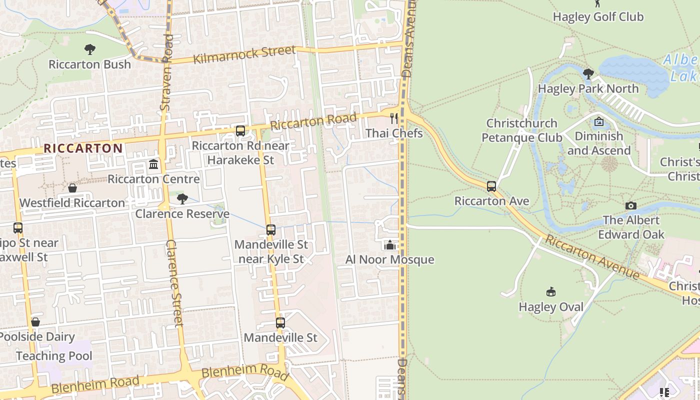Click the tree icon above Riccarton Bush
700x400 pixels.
(90, 49)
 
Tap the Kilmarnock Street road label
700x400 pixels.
(244, 54)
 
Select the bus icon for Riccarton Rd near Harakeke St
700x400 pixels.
(240, 131)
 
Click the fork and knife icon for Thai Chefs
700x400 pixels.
(394, 118)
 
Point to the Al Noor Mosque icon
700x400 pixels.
(390, 245)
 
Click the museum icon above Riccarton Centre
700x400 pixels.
(153, 164)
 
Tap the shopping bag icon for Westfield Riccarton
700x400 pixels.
(72, 188)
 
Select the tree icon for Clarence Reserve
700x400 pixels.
(182, 199)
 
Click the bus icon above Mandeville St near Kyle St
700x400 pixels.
(271, 230)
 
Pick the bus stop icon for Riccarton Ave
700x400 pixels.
(491, 186)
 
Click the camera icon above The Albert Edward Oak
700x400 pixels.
(631, 205)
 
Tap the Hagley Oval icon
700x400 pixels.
(551, 291)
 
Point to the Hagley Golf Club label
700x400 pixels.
(598, 16)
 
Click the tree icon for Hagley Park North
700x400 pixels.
(588, 74)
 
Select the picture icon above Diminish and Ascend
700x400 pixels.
(598, 121)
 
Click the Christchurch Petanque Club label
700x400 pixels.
(522, 130)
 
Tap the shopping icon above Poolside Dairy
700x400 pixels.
(35, 322)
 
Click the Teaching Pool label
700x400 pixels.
(54, 356)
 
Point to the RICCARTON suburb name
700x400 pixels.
(83, 148)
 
